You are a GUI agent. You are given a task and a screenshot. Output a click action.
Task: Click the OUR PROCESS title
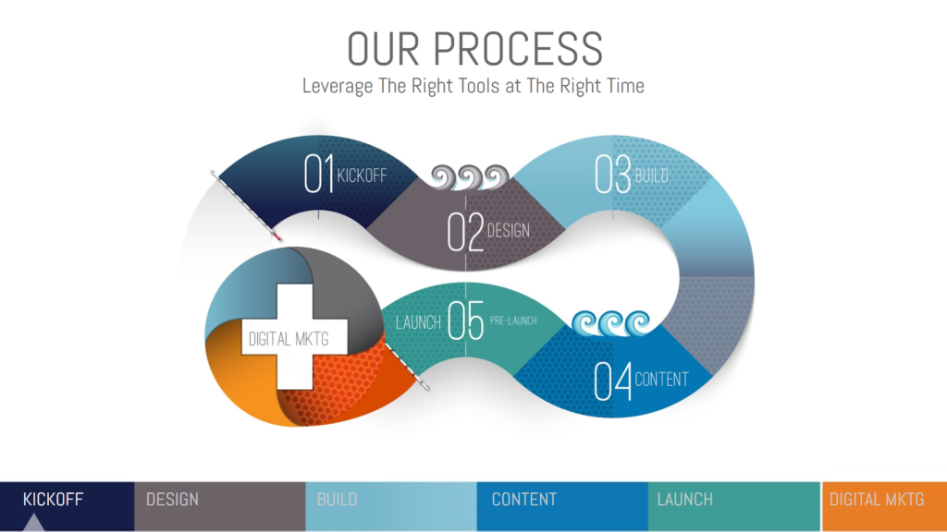(473, 48)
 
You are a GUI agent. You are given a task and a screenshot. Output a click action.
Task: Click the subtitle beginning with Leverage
(473, 86)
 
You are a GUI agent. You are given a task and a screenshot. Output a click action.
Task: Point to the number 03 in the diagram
(613, 174)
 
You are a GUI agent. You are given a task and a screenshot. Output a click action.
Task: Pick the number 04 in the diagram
(613, 381)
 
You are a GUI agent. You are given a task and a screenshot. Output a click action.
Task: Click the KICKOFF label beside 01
(362, 175)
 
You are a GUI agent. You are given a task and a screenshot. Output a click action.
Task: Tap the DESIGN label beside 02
(509, 230)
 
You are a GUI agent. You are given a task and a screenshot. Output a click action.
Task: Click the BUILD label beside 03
(651, 175)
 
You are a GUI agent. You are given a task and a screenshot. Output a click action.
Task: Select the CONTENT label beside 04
(661, 380)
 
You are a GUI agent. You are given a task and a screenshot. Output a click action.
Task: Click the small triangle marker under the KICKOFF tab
(34, 523)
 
